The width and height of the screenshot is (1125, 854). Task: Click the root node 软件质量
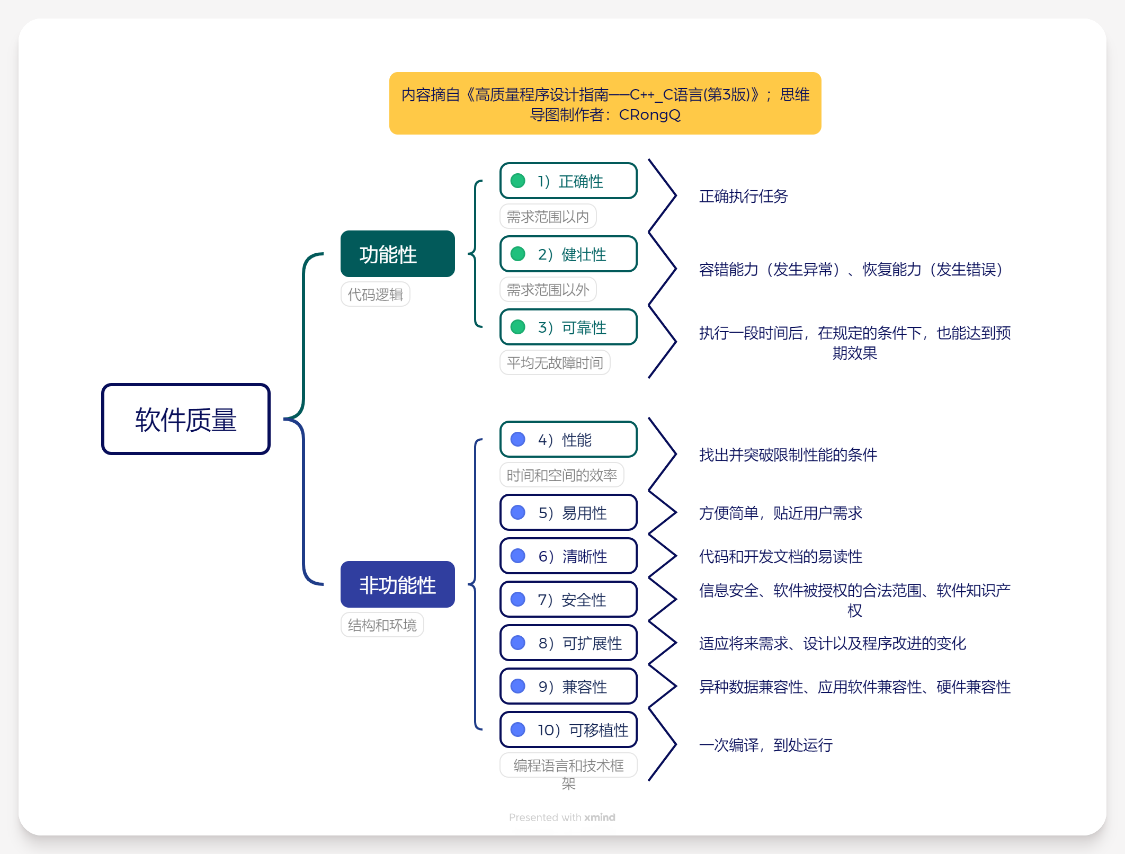point(185,419)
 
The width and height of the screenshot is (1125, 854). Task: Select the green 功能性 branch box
point(397,254)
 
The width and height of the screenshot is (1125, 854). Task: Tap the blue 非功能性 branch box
point(397,584)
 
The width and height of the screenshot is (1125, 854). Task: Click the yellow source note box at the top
point(605,103)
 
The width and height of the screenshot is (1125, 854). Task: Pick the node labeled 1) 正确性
point(568,181)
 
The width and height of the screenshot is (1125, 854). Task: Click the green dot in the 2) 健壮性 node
point(517,254)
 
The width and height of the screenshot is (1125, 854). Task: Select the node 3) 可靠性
point(568,327)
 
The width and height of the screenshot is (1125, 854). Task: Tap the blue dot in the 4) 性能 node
point(517,439)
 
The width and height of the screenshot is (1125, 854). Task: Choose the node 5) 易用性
point(568,512)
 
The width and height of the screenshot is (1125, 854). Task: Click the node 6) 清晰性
point(568,556)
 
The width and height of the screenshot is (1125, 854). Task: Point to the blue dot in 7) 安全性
point(517,599)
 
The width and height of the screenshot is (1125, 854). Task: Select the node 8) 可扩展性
point(568,643)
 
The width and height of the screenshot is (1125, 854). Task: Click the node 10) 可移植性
point(568,730)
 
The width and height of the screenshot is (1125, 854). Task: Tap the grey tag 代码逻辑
point(375,295)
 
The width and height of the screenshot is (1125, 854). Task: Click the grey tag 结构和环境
point(382,625)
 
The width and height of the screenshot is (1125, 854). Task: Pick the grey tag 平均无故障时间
point(555,363)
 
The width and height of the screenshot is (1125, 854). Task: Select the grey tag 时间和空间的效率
point(561,475)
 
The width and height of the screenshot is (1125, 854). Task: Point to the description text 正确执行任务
point(743,197)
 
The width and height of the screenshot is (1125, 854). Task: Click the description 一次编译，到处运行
point(765,745)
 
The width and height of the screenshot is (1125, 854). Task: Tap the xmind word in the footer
point(600,817)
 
